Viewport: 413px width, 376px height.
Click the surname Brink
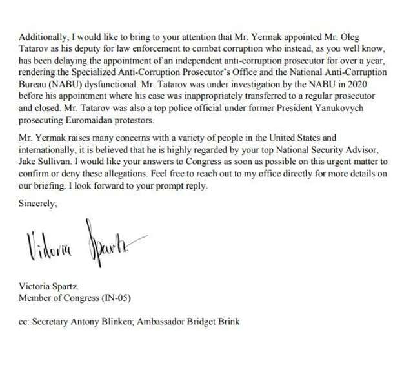tap(254, 321)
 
